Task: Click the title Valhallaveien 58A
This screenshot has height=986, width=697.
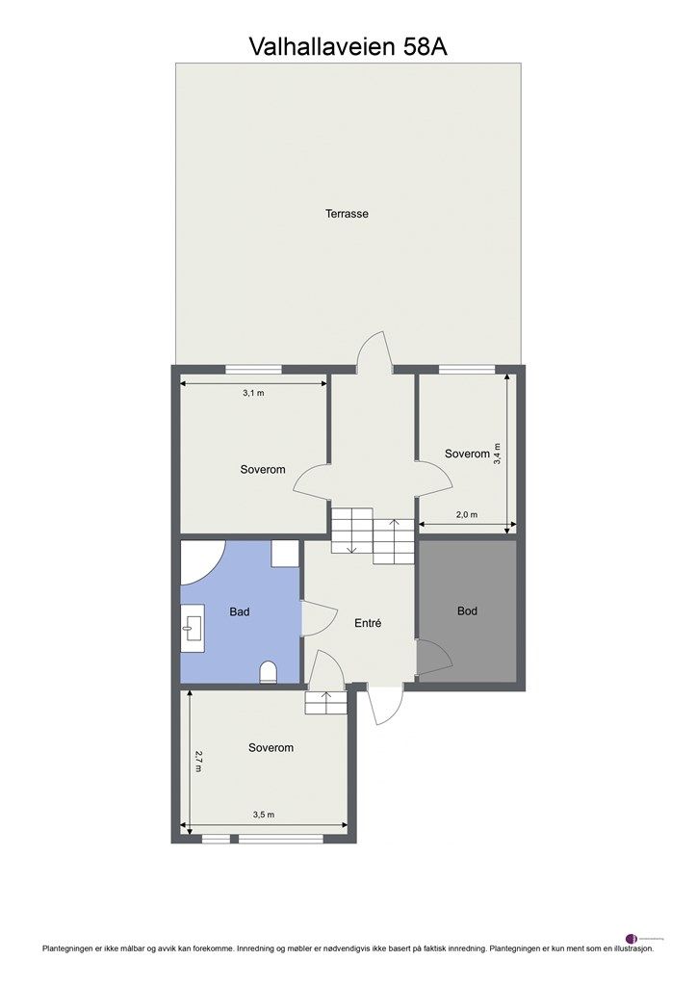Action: tap(348, 45)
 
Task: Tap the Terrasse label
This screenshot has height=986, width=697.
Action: tap(347, 214)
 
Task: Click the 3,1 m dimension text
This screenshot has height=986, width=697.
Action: tap(254, 394)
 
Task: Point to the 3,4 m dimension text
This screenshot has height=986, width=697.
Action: tap(498, 454)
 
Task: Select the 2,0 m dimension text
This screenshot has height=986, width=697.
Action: tap(466, 515)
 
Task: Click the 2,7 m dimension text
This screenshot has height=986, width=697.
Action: tap(199, 763)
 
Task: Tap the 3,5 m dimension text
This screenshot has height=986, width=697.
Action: tap(264, 815)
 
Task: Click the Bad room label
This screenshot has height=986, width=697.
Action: tap(240, 611)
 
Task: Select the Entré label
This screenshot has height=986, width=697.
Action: tap(368, 623)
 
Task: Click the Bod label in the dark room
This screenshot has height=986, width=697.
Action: tap(467, 610)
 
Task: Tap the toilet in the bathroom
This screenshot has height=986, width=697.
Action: tap(269, 672)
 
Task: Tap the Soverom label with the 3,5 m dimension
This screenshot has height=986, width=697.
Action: tap(271, 747)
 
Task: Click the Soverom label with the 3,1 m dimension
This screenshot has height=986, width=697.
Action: tap(263, 469)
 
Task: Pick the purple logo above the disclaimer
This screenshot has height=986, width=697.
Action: tap(632, 938)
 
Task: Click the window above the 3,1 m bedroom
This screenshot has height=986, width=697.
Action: tap(254, 369)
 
